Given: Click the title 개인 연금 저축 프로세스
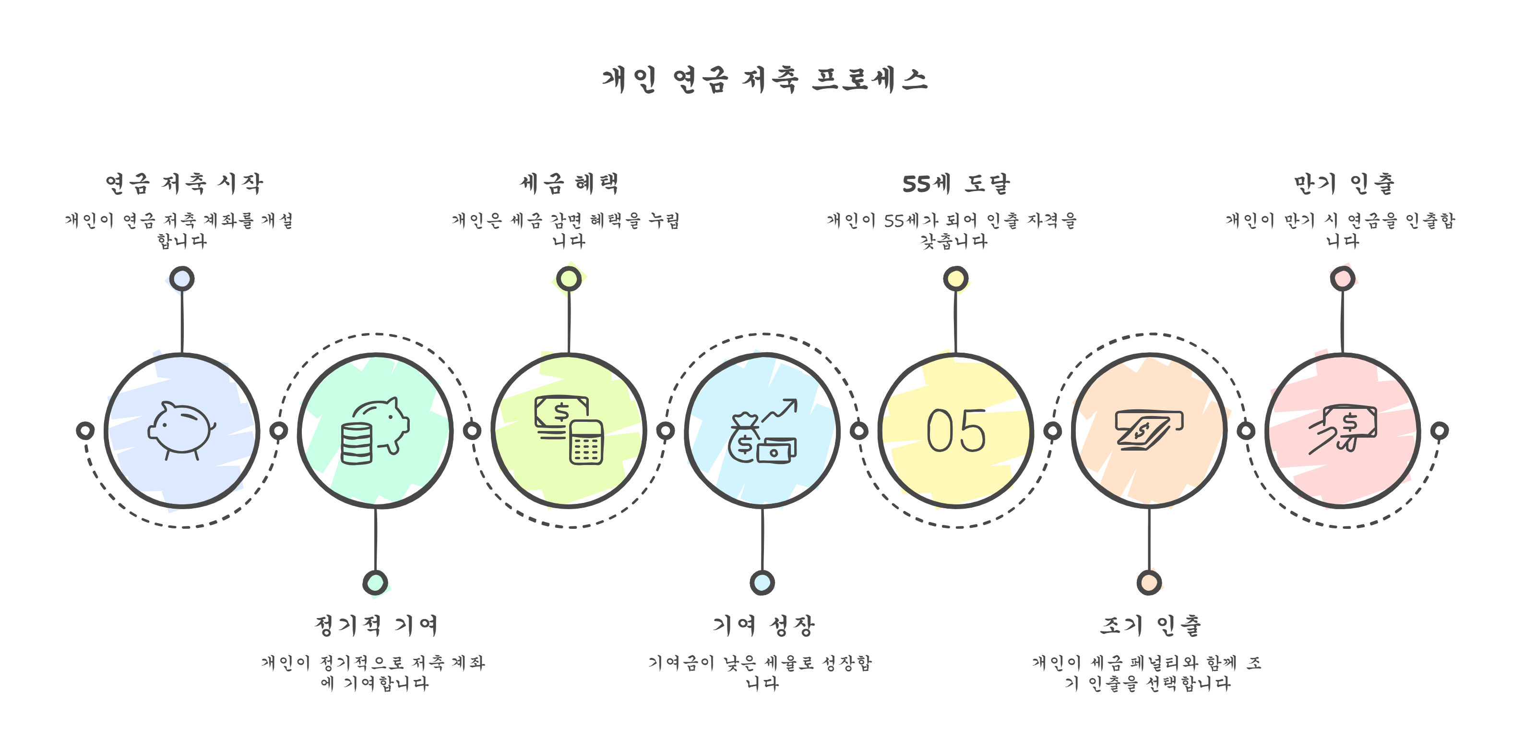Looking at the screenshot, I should click(763, 80).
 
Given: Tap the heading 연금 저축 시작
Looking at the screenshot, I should click(183, 183).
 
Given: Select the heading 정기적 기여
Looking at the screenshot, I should click(376, 625).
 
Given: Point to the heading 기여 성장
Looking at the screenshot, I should click(763, 625).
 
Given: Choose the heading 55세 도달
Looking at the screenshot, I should click(955, 183).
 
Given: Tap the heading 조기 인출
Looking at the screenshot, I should click(1150, 625).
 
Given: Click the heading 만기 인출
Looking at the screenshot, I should click(1343, 183).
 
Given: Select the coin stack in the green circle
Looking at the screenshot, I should click(357, 444).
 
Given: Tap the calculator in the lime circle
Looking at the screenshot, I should click(586, 442).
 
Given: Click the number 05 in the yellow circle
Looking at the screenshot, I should click(955, 431).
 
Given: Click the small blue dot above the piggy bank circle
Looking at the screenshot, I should click(181, 278).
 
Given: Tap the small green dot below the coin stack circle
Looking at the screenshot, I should click(375, 583).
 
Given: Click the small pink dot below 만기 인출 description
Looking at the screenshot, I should click(1342, 278).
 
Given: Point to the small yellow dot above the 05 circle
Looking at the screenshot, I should click(955, 278).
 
